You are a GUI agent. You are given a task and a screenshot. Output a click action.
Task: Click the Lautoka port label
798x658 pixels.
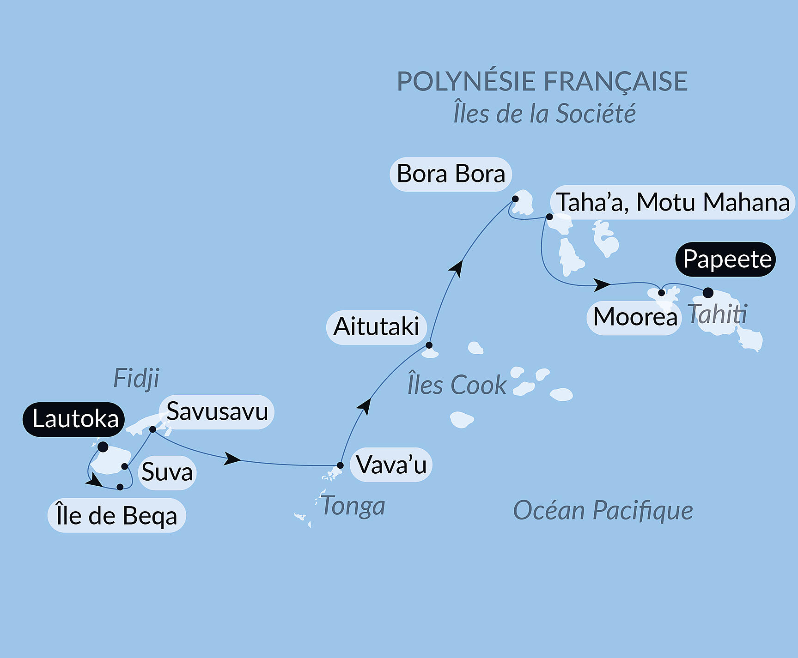point(74,419)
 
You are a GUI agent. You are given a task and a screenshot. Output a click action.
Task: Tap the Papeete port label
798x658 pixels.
point(726,260)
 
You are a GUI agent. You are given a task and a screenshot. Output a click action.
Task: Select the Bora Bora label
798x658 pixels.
point(451,174)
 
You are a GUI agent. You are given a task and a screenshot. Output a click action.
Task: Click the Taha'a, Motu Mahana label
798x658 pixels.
point(672,202)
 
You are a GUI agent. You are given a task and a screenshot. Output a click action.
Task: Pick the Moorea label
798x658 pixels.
point(634,317)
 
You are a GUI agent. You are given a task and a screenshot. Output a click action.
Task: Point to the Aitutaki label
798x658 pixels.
point(376,327)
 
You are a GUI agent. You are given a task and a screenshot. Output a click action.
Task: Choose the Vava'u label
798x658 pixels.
point(391,465)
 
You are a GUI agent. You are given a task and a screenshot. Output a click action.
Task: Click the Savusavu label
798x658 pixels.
point(216,411)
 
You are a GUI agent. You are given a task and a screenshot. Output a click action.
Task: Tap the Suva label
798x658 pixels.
point(167,472)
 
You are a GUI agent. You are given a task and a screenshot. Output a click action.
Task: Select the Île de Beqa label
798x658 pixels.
point(116,516)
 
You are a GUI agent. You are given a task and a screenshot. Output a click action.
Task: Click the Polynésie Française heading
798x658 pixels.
point(542,81)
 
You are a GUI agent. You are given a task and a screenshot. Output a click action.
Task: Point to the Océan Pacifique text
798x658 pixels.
point(603,511)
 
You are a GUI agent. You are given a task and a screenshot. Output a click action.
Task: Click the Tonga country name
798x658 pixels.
point(353,506)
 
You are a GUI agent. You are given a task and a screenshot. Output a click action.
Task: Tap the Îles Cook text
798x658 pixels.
point(457,385)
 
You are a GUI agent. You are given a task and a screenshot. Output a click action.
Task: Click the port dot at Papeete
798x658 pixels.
point(708,293)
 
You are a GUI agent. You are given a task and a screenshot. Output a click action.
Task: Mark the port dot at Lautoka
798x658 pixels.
point(103,447)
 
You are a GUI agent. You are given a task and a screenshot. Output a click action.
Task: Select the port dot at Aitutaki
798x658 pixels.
point(429,345)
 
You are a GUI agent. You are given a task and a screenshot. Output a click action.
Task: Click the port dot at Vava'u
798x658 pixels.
point(340,465)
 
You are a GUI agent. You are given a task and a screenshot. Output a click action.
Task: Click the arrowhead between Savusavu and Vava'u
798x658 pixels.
point(232,459)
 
